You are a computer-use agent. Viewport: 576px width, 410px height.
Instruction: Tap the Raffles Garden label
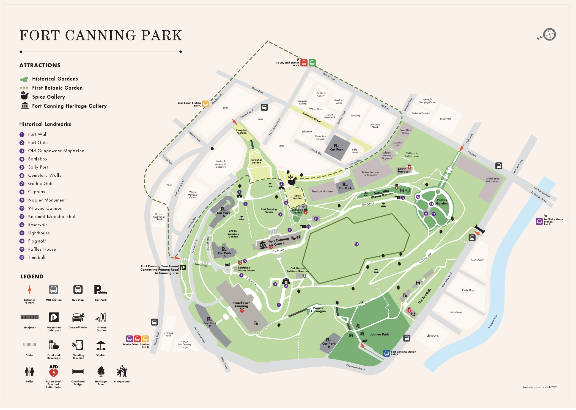(x=441, y=202)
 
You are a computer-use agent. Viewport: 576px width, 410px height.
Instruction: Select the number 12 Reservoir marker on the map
(x=356, y=244)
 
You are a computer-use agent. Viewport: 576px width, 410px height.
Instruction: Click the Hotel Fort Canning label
(x=241, y=304)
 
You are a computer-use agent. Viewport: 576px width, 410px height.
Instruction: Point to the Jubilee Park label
(x=379, y=334)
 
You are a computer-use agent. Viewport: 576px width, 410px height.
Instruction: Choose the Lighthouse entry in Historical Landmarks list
(x=39, y=233)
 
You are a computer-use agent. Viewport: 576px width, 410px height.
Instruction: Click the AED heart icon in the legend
(x=54, y=373)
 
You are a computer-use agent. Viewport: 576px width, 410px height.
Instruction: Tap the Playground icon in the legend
(x=122, y=372)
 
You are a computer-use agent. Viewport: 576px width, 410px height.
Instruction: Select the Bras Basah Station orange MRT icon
(x=205, y=104)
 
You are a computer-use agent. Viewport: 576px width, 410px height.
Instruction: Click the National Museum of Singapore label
(x=221, y=164)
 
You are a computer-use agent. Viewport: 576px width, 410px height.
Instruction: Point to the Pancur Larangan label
(x=318, y=310)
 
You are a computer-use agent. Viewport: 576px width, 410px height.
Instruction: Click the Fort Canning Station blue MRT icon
(x=386, y=353)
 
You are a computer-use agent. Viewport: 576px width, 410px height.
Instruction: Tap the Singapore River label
(x=492, y=322)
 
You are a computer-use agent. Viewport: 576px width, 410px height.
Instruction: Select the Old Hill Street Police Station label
(x=492, y=180)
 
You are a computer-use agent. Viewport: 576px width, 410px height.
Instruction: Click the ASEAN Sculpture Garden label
(x=233, y=234)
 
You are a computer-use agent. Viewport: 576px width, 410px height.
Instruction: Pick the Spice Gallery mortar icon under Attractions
(x=24, y=96)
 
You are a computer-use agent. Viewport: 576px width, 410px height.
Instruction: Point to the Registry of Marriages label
(x=322, y=191)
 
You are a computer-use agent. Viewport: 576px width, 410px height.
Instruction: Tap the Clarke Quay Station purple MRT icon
(x=539, y=221)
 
